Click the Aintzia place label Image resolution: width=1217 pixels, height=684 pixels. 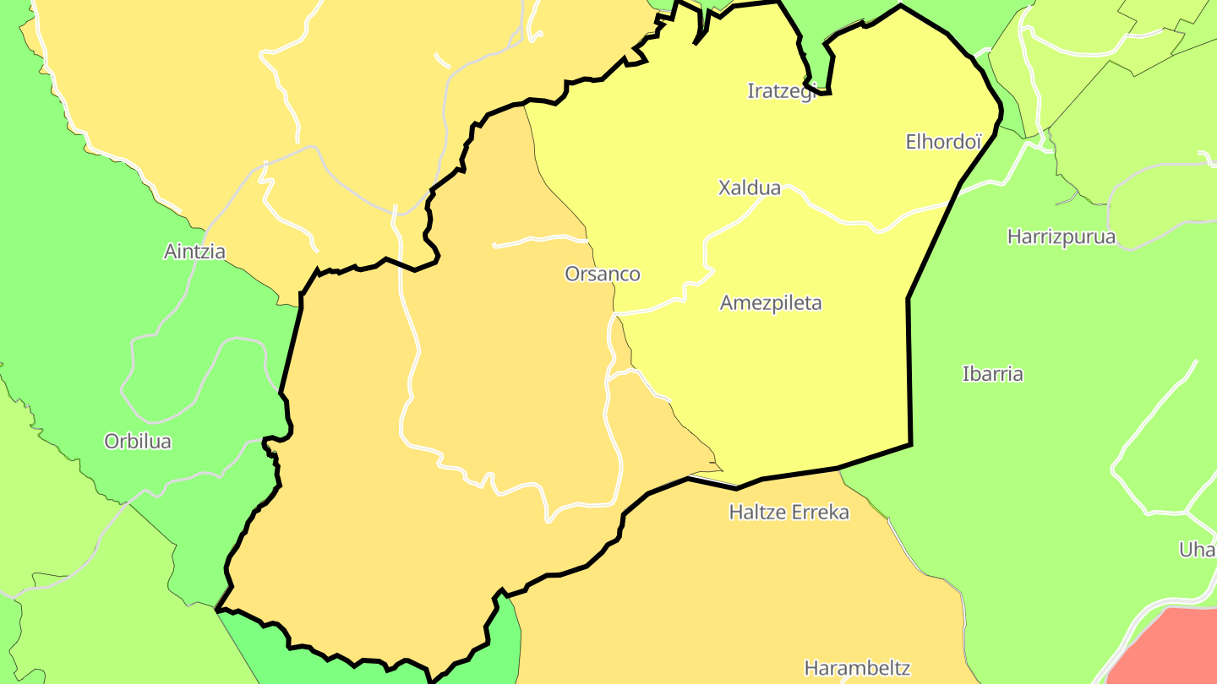(x=194, y=252)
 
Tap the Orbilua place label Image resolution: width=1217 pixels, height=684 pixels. (x=138, y=441)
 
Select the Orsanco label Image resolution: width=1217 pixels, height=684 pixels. (x=603, y=274)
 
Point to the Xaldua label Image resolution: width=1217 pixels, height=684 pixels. (x=750, y=187)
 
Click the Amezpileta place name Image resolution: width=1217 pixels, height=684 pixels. (x=771, y=302)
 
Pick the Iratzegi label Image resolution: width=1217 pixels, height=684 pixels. (x=782, y=91)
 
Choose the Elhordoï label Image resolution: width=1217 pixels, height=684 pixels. (x=943, y=142)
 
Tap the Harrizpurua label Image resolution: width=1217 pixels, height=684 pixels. (x=1061, y=236)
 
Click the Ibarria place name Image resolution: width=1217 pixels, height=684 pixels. (x=993, y=373)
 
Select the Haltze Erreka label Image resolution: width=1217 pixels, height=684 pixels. (x=789, y=512)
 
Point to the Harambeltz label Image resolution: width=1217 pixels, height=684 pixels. (x=857, y=668)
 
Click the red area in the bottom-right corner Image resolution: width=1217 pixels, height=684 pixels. (x=1171, y=650)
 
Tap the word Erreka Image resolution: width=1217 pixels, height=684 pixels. (x=820, y=512)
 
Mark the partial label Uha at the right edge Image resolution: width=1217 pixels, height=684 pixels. (x=1198, y=550)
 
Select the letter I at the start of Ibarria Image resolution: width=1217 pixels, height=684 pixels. (x=966, y=373)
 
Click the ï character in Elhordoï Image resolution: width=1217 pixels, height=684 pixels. (x=977, y=142)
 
